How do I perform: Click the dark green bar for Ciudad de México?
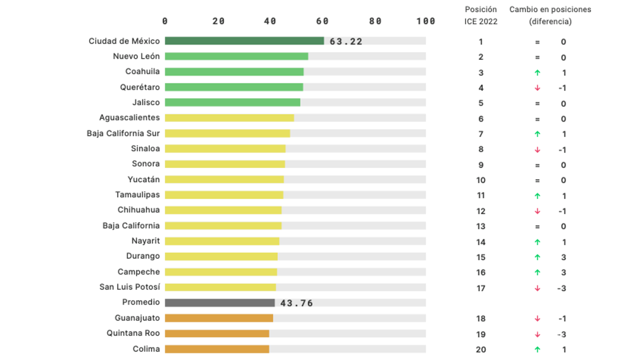(x=244, y=41)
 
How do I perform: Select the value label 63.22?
(x=346, y=42)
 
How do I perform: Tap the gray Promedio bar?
(x=220, y=303)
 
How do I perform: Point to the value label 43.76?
(x=297, y=303)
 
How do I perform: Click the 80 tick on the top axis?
(x=375, y=21)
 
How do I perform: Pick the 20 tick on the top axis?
(x=218, y=21)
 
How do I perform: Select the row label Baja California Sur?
(x=123, y=133)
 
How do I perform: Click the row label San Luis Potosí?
(x=130, y=287)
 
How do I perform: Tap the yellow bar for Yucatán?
(x=224, y=180)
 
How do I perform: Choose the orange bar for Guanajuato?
(x=219, y=318)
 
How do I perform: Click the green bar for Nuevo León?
(x=236, y=57)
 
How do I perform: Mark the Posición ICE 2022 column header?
(x=481, y=15)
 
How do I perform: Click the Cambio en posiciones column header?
(x=550, y=15)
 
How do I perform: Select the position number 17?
(x=481, y=288)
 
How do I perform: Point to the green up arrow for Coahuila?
(x=537, y=73)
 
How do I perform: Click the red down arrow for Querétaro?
(x=537, y=88)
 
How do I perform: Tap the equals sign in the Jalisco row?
(x=537, y=103)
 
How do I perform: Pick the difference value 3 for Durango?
(x=564, y=257)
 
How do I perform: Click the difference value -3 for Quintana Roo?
(x=562, y=334)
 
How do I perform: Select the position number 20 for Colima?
(x=481, y=349)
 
